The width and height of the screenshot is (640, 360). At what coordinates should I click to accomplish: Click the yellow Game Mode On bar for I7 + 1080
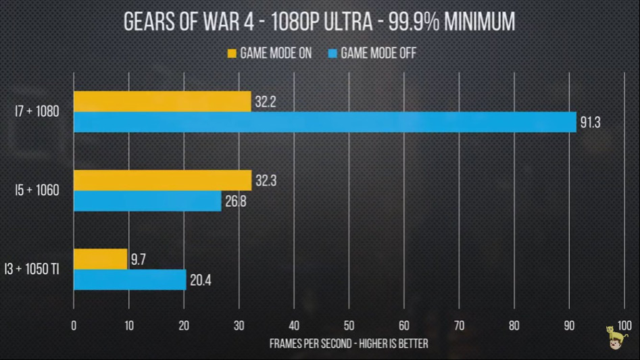pyautogui.click(x=162, y=101)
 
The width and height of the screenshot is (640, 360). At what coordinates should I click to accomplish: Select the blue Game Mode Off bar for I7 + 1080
pyautogui.click(x=324, y=122)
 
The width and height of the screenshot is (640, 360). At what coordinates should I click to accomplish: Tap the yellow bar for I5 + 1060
pyautogui.click(x=162, y=180)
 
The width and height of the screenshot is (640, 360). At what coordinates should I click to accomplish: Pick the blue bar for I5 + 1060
pyautogui.click(x=147, y=201)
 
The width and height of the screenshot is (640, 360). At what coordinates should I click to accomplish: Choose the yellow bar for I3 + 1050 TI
pyautogui.click(x=101, y=259)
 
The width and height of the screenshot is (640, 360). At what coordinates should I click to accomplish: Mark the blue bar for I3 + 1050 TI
pyautogui.click(x=130, y=280)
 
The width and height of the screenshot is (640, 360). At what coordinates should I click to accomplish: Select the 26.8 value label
pyautogui.click(x=236, y=201)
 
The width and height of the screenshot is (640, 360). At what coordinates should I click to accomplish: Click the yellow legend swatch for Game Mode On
pyautogui.click(x=232, y=53)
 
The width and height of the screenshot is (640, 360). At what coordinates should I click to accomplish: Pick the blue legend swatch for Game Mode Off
pyautogui.click(x=332, y=53)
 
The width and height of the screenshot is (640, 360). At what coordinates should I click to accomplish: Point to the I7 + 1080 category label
pyautogui.click(x=39, y=112)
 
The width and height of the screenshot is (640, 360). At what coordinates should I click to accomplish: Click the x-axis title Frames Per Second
pyautogui.click(x=349, y=344)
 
